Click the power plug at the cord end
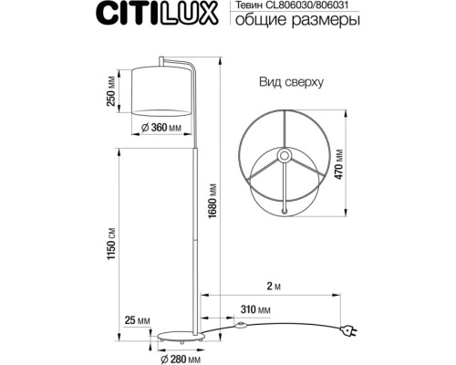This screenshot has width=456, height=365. pyautogui.click(x=349, y=334)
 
